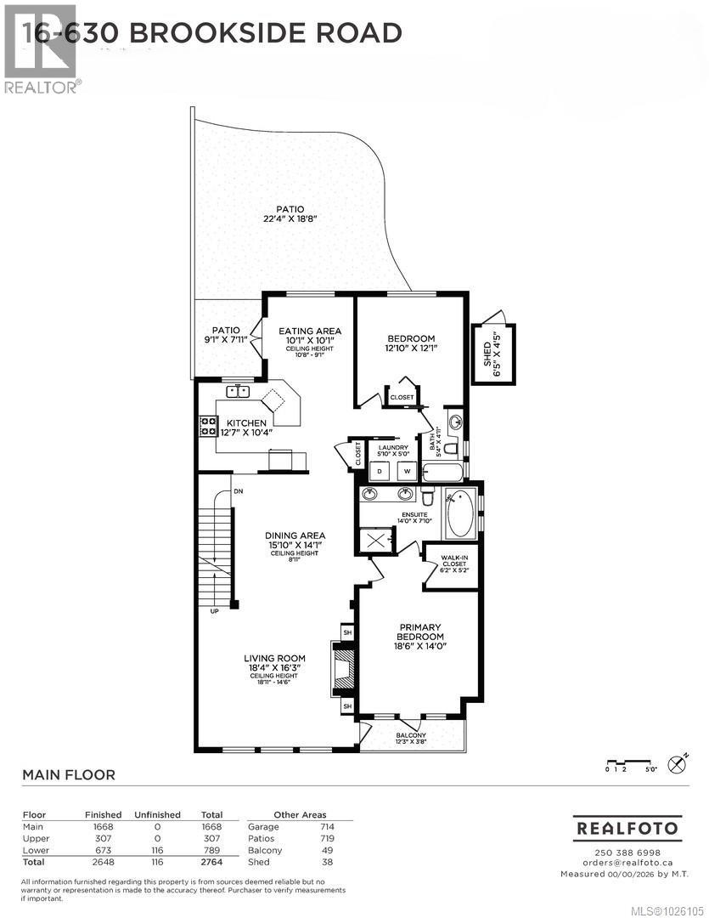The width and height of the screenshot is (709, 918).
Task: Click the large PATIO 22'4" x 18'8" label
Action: tap(290, 213)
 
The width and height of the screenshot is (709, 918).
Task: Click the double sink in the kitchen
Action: tap(239, 391)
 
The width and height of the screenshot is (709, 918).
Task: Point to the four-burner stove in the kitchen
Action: tap(207, 425)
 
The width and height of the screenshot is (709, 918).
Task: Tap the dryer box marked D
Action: tap(380, 469)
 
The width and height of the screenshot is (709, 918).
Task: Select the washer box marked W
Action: tap(405, 469)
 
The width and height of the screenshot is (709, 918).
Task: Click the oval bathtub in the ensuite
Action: tap(461, 513)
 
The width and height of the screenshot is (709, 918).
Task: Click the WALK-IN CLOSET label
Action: tap(450, 566)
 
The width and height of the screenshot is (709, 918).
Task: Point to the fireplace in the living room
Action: tap(343, 667)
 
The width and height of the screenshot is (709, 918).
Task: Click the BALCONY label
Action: tap(412, 737)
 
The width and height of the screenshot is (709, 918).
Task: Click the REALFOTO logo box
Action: tap(627, 827)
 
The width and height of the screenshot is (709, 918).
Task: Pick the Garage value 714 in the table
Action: tap(327, 826)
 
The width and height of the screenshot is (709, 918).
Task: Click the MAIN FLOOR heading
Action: tap(68, 774)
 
